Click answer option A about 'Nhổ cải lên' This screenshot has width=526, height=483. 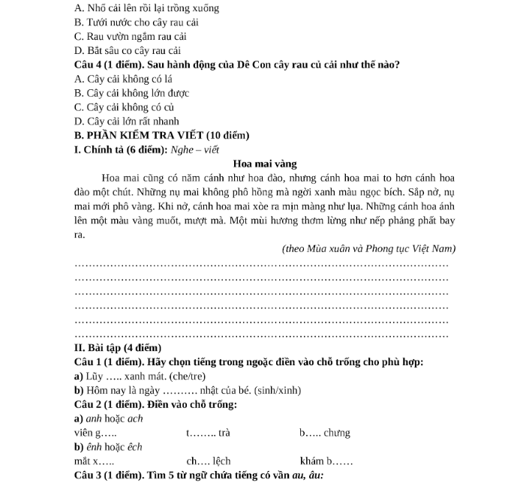click(136, 8)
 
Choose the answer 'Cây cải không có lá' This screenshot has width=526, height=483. click(124, 79)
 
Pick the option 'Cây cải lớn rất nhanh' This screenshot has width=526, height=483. click(127, 121)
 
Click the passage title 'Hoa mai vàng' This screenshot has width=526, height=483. click(265, 163)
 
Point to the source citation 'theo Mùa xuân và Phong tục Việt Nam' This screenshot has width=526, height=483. click(369, 248)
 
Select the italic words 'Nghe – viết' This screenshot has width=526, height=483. click(194, 149)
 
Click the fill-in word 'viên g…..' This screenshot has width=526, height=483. click(95, 433)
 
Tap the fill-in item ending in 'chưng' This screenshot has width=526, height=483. click(325, 433)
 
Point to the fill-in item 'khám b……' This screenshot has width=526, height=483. click(326, 460)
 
